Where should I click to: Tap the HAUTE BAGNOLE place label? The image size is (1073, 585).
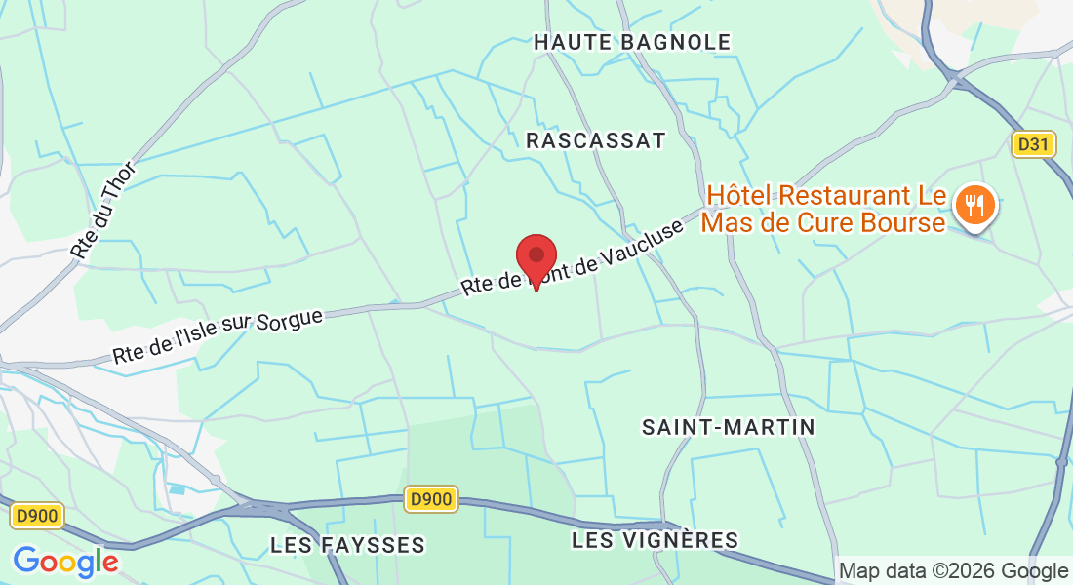[632, 42]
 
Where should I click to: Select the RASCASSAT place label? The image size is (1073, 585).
[595, 140]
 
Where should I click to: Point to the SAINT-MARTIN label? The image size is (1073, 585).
[729, 427]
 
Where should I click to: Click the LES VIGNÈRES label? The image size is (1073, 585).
[655, 540]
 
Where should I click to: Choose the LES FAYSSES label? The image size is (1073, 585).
[348, 545]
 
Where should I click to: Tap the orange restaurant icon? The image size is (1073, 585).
[974, 206]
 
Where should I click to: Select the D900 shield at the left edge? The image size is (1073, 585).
[38, 516]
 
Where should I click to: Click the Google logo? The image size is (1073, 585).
[65, 562]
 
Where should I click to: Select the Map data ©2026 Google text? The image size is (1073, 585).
[953, 571]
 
